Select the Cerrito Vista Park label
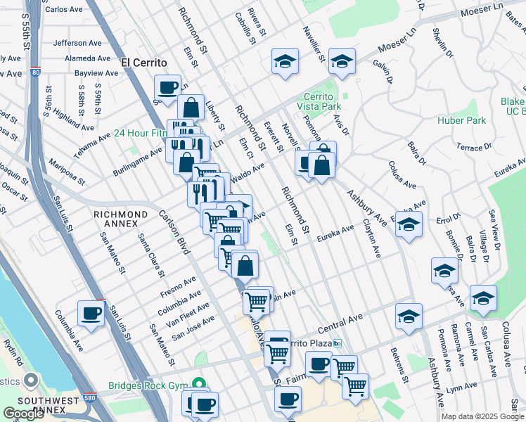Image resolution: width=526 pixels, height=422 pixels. point(327,101)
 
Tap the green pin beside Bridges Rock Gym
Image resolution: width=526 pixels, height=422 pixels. point(199,384)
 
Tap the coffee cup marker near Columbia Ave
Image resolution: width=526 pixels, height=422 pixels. point(91,314)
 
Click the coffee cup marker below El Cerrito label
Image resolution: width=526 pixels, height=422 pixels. point(167,88)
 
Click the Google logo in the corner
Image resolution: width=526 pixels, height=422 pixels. point(24,414)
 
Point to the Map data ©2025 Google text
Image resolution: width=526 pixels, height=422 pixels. point(482,416)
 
